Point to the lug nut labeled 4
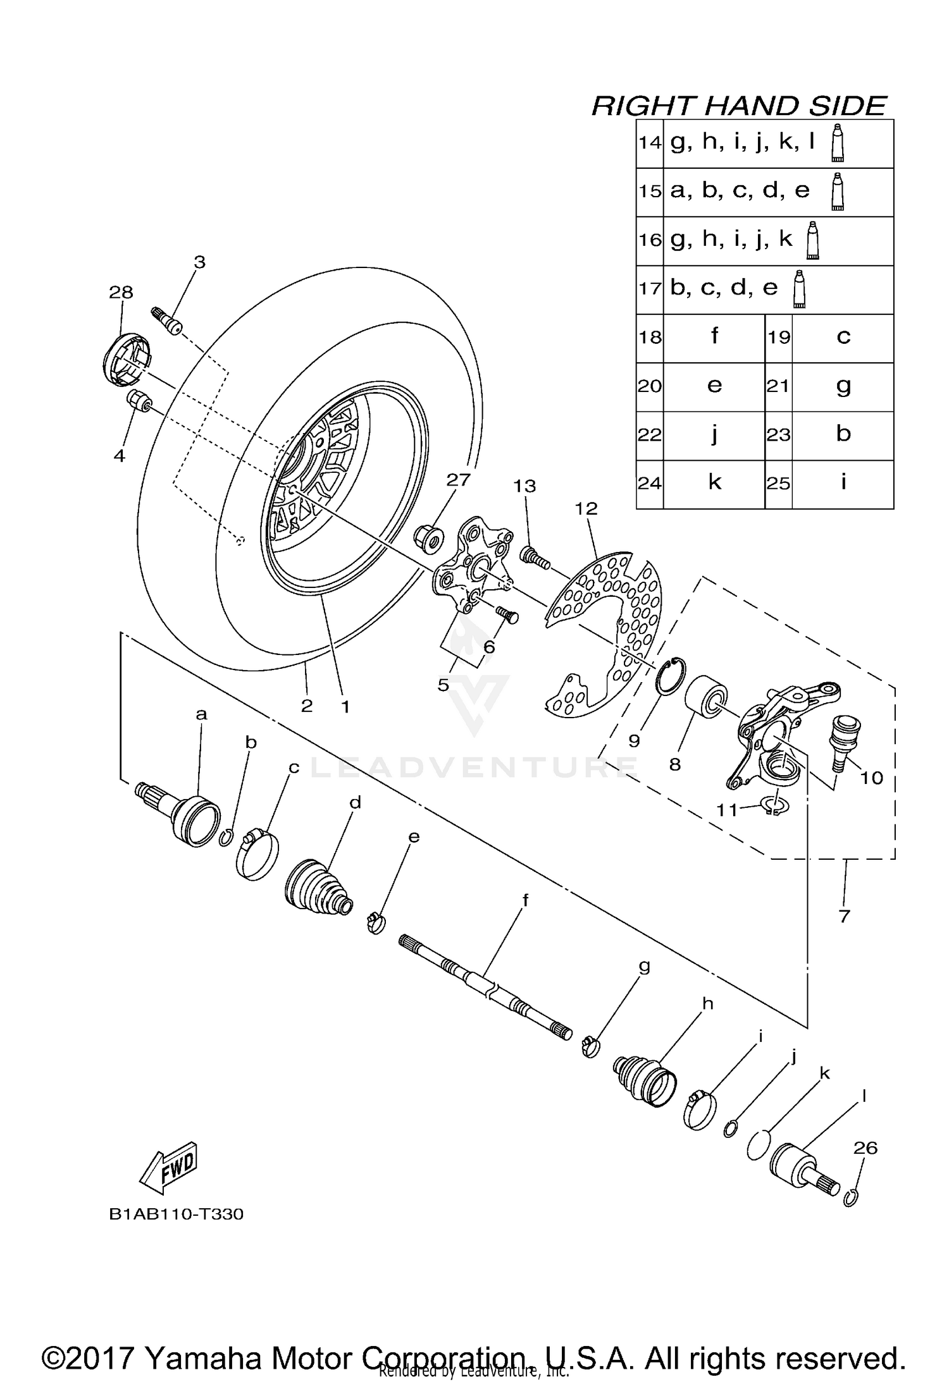(x=139, y=401)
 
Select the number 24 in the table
(x=650, y=484)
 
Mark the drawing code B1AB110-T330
(x=177, y=1214)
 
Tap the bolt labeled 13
(x=535, y=557)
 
